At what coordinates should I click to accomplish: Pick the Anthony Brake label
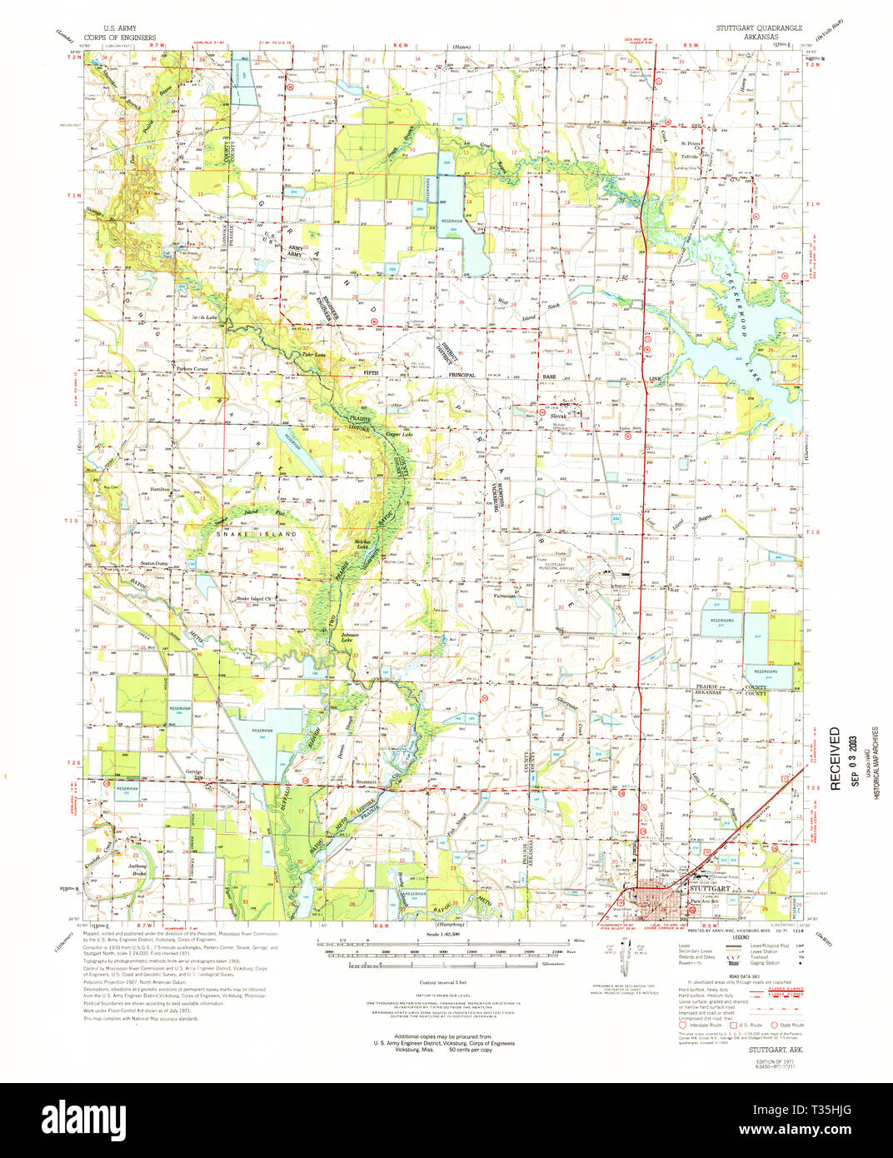point(137,870)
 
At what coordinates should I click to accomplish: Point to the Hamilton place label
point(160,489)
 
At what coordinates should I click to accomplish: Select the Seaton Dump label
point(154,564)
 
